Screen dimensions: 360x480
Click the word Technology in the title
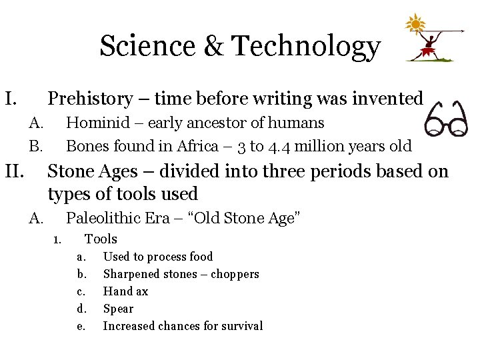306,47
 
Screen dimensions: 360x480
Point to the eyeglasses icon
446,119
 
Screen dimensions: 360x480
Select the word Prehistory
91,99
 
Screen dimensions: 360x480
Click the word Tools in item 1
101,239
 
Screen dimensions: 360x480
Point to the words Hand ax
125,291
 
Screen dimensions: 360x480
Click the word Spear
118,309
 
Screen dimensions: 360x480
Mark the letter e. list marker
81,326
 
